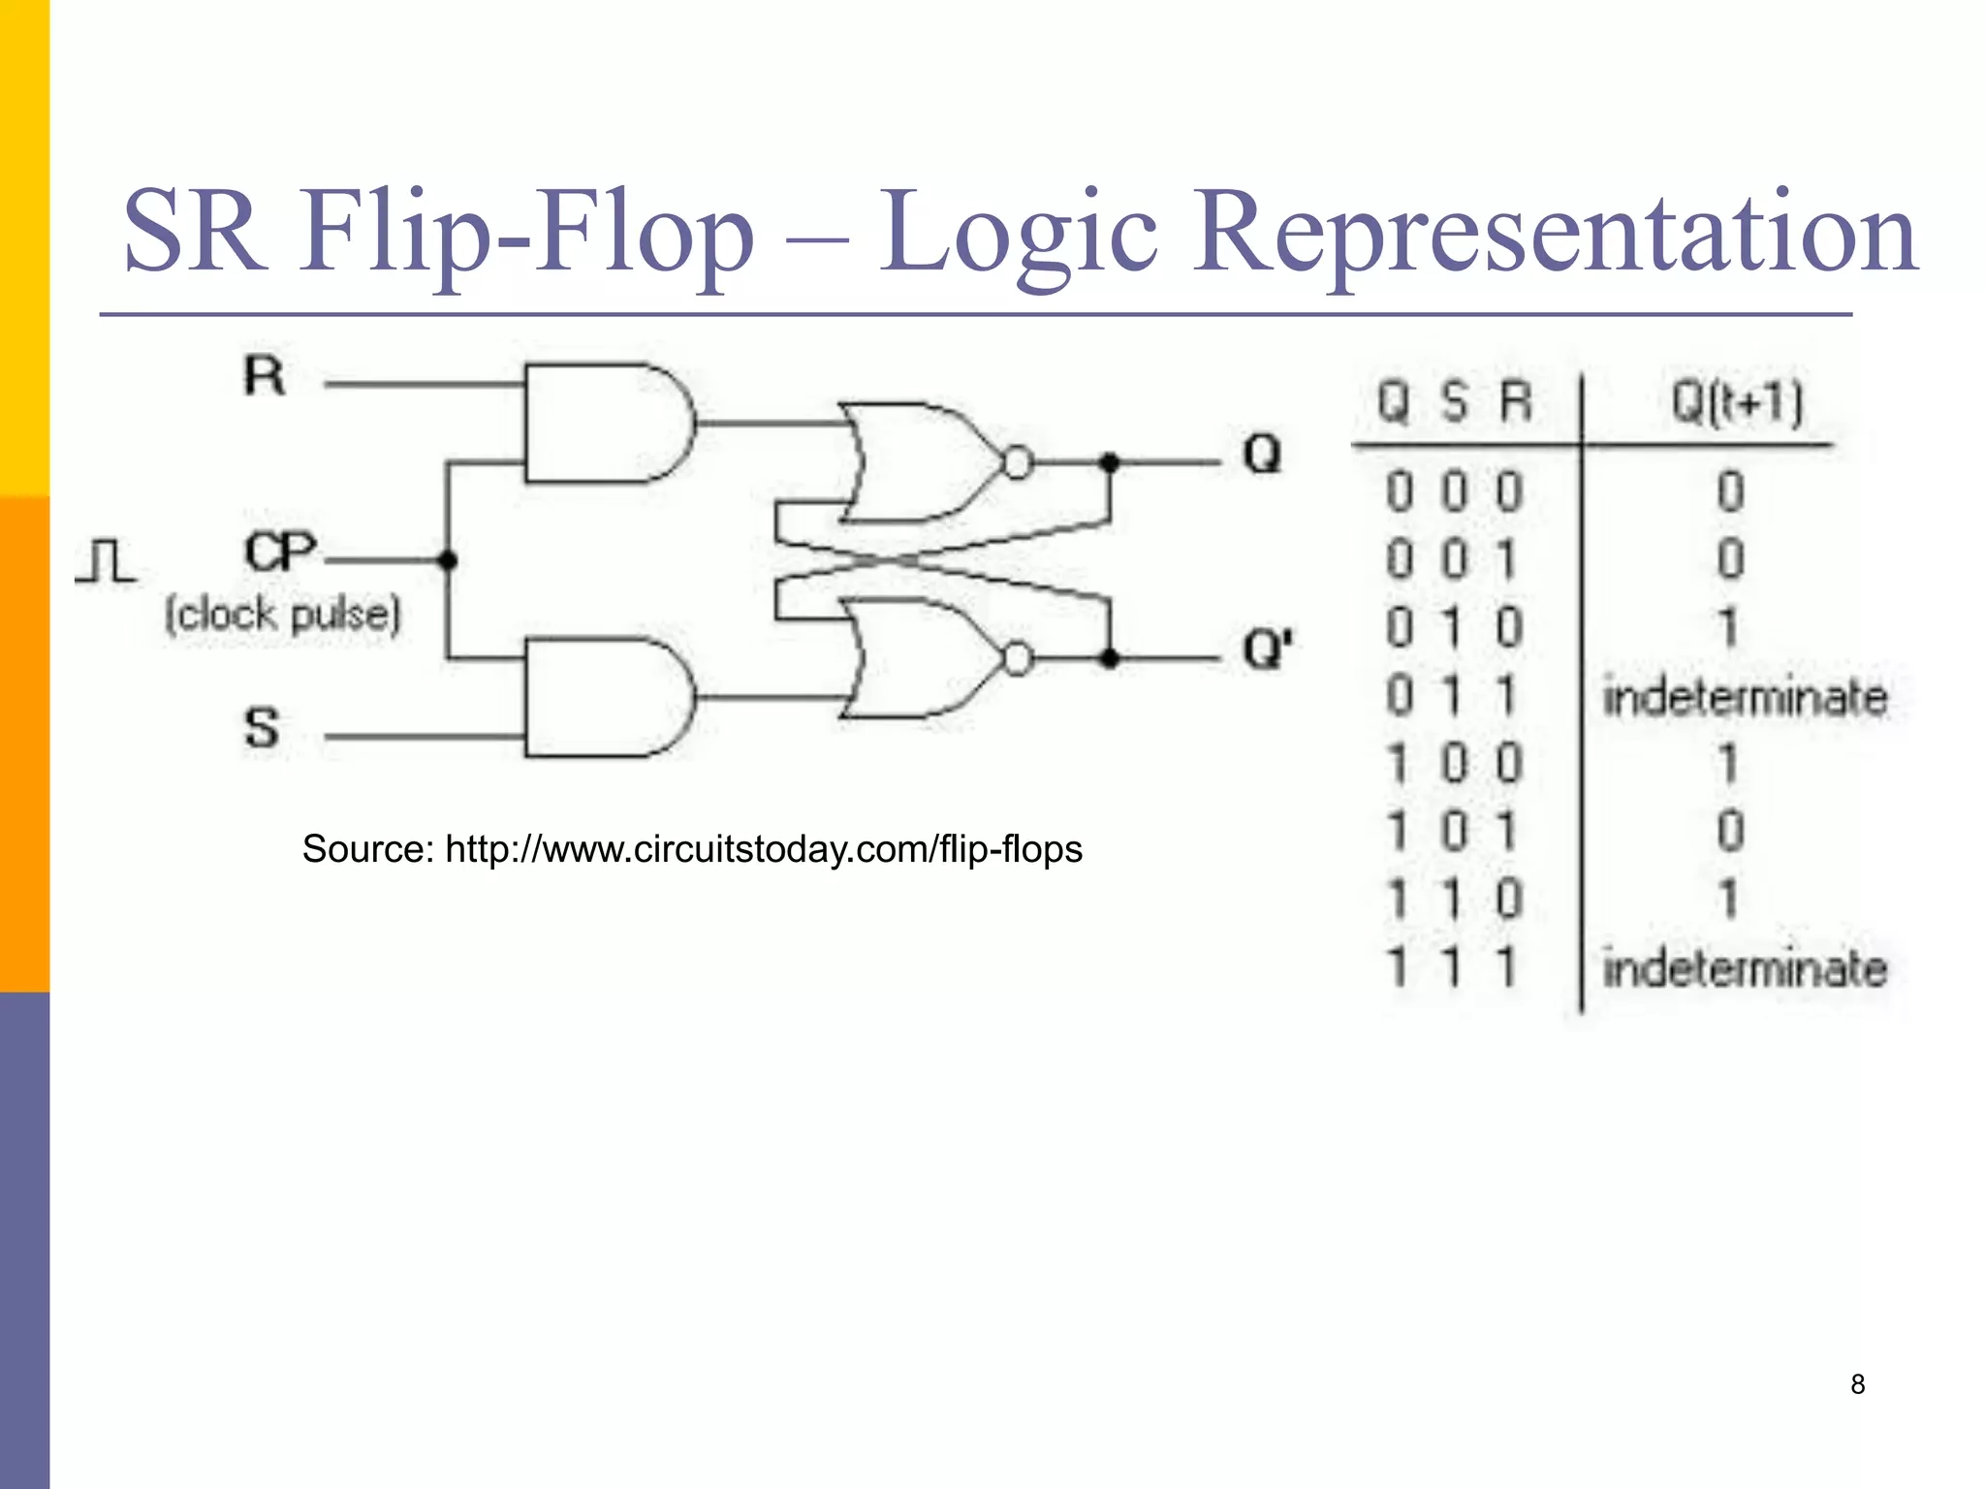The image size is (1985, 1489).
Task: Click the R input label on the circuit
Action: (x=265, y=376)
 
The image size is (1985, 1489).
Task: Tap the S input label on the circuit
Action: (x=262, y=728)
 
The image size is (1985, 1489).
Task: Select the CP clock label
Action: (x=280, y=553)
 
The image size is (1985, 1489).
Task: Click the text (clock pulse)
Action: (x=282, y=615)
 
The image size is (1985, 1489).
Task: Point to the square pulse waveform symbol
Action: (x=107, y=561)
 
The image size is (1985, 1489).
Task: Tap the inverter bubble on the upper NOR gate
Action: (x=1017, y=463)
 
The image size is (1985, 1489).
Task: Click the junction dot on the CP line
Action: (x=448, y=560)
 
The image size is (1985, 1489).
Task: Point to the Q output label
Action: (x=1262, y=454)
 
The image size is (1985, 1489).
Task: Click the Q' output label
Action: (x=1267, y=649)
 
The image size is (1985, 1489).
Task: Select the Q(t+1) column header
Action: (x=1737, y=401)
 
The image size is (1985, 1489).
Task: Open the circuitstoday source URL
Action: (x=763, y=849)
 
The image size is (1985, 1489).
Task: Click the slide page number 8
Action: (x=1857, y=1384)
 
